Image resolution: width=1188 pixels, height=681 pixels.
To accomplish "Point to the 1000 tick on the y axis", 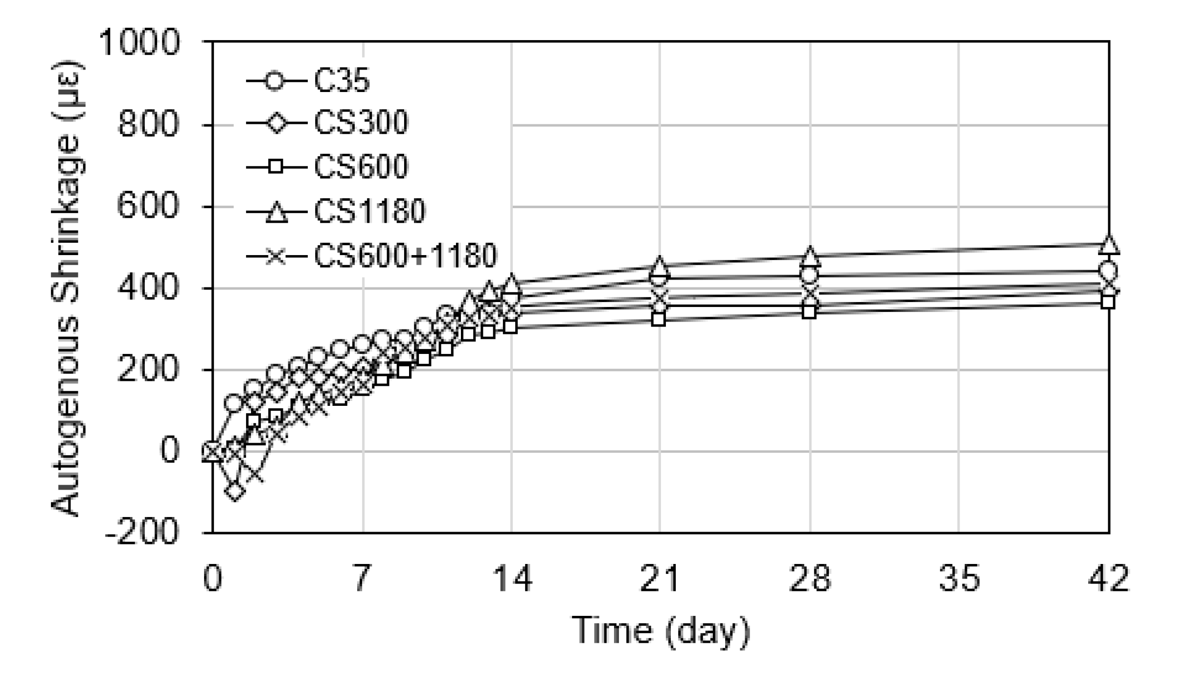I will tap(139, 42).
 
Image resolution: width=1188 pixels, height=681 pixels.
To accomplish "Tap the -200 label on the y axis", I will tap(142, 533).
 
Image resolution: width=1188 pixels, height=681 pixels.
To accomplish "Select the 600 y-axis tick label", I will tap(148, 206).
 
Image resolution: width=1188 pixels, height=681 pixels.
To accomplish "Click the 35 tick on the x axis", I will tap(959, 579).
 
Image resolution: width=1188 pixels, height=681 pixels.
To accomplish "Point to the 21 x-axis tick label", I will tap(660, 579).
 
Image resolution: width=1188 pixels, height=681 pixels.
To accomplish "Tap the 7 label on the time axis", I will tap(362, 579).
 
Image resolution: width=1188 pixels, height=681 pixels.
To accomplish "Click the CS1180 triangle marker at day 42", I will tap(1109, 245).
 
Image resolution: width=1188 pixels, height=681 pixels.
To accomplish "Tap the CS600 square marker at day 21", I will tap(659, 320).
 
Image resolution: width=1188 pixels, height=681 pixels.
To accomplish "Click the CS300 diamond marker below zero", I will tap(235, 491).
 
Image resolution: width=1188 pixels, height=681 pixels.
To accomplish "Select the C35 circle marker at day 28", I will tap(810, 275).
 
